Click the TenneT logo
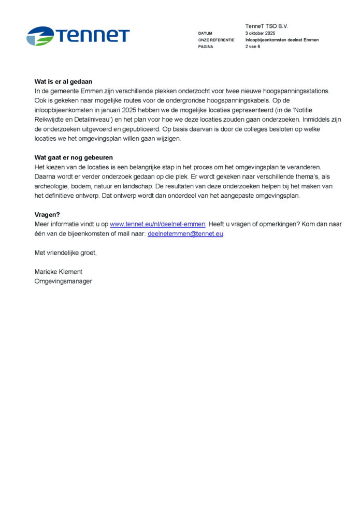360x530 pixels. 78,36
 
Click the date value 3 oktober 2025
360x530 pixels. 261,33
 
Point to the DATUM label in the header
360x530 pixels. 205,33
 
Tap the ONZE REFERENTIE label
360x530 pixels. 216,40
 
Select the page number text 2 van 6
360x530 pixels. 253,47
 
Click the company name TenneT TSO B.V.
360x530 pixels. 267,26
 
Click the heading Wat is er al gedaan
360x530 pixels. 63,81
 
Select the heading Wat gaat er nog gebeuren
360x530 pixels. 74,157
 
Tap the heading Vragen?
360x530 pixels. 48,214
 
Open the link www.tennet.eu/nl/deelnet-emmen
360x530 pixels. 157,224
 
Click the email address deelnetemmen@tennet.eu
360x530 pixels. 185,233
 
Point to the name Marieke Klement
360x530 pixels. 58,272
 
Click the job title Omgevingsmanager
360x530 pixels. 63,281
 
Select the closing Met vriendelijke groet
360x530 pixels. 66,253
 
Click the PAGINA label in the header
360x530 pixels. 206,47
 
